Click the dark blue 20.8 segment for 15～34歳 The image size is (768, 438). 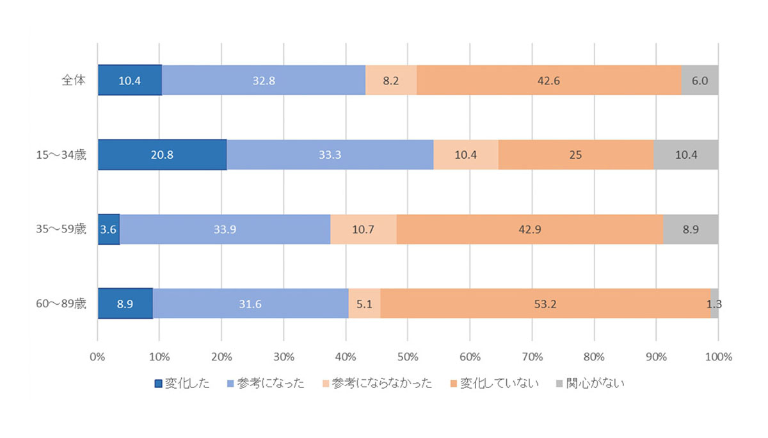pos(162,155)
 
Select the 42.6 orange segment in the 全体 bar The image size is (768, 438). pos(549,80)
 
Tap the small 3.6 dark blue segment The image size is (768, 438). pos(109,229)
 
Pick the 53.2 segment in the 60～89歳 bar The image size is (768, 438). pos(545,304)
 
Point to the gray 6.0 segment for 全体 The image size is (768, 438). pos(700,80)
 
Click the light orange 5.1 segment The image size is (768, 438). pos(364,304)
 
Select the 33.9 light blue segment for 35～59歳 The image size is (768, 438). pos(225,229)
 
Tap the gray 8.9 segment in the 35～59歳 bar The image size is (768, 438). pos(691,229)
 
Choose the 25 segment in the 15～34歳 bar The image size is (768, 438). pos(576,155)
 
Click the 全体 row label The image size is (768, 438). pos(74,80)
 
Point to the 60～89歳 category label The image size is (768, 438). pos(61,304)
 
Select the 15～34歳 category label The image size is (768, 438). pos(61,155)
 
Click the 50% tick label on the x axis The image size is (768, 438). pos(408,357)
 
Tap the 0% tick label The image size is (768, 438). pos(97,357)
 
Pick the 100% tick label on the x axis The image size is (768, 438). pos(719,357)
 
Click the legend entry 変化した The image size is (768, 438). pos(182,383)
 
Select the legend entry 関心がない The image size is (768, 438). pos(590,383)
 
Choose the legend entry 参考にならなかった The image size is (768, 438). pos(378,383)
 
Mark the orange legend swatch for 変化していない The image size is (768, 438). pos(454,384)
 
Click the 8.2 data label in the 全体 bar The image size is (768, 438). pos(391,81)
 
